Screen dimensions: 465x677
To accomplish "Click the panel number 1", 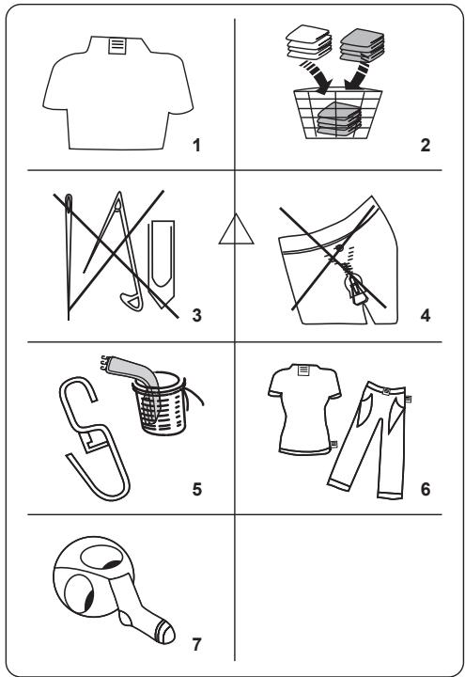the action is (x=196, y=145).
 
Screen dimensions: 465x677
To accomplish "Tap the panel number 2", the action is (x=426, y=145).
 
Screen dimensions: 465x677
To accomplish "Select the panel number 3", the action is (x=196, y=315).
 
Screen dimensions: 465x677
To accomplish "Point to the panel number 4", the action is (x=426, y=315).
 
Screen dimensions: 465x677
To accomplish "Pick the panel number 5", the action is (x=196, y=489).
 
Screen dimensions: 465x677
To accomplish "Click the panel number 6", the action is (x=426, y=489).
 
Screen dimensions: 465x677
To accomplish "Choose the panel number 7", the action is (x=196, y=644).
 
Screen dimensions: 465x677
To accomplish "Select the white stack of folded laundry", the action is (x=309, y=42).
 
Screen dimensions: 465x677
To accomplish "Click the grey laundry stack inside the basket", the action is (x=339, y=118).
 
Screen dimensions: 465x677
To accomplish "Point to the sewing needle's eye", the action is (x=69, y=203).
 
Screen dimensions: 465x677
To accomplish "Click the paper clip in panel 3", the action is (x=162, y=264).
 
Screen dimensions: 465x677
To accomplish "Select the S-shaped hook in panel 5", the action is (x=94, y=439).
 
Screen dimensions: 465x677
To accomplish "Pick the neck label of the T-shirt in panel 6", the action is (x=304, y=370).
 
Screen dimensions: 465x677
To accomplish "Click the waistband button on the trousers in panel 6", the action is (x=386, y=391).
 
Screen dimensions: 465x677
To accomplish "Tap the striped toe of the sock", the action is (x=166, y=632).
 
